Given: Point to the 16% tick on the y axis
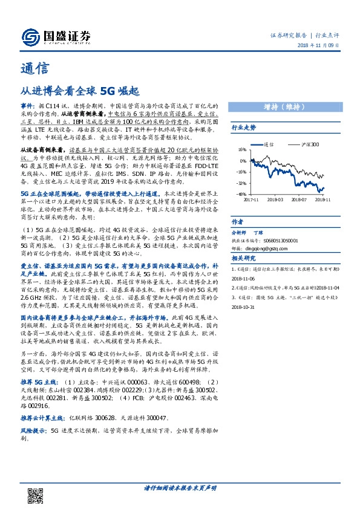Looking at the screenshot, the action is (x=242, y=149).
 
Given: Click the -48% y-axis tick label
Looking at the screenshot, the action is (x=241, y=194).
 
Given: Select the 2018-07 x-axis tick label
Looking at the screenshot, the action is (x=299, y=198).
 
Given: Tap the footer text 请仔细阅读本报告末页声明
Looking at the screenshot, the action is (x=180, y=487).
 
